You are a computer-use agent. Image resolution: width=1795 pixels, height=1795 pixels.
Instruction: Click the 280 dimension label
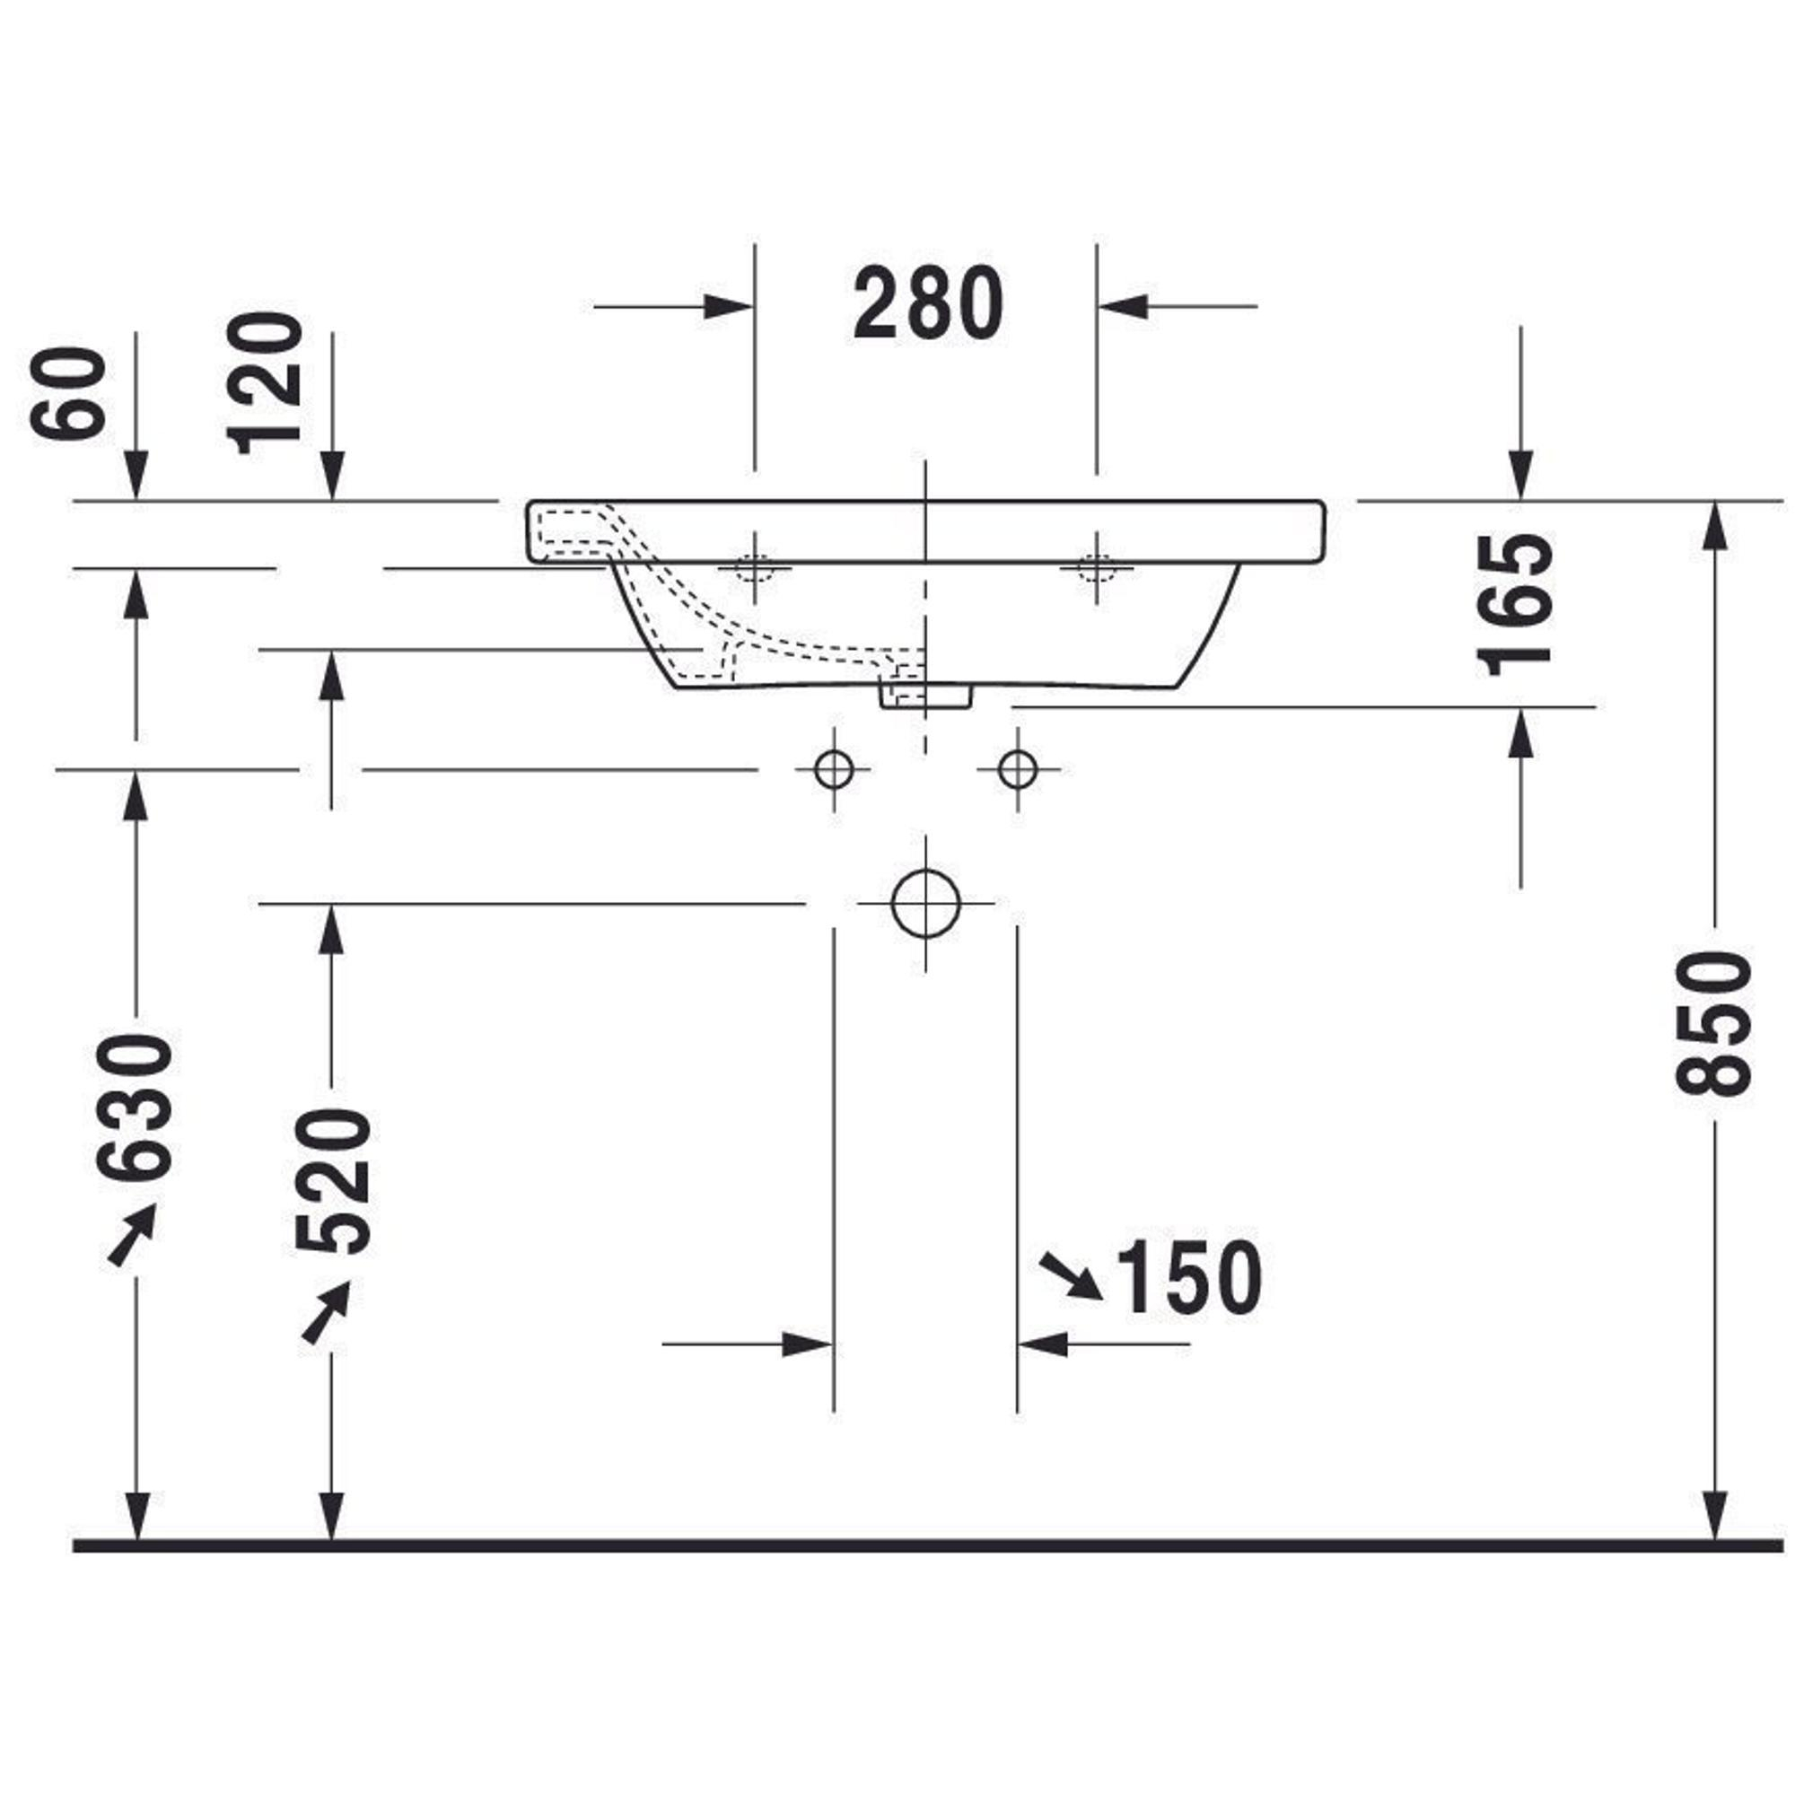click(x=928, y=302)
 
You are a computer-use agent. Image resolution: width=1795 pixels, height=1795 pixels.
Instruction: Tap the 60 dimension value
click(x=68, y=392)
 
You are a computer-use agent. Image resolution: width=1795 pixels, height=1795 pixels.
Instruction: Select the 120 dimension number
click(x=266, y=383)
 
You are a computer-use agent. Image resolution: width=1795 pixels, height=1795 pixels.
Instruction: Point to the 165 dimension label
click(x=1514, y=604)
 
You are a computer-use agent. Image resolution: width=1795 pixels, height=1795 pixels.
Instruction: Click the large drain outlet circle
click(x=925, y=902)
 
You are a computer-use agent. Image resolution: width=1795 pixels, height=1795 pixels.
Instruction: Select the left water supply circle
click(x=834, y=769)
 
